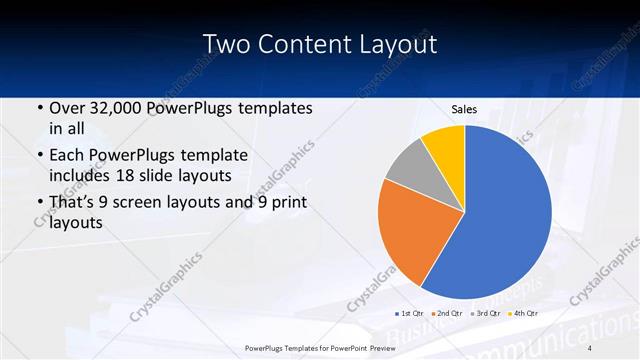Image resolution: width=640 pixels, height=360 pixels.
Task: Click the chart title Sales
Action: (464, 108)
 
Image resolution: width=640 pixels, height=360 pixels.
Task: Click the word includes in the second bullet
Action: (84, 175)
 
